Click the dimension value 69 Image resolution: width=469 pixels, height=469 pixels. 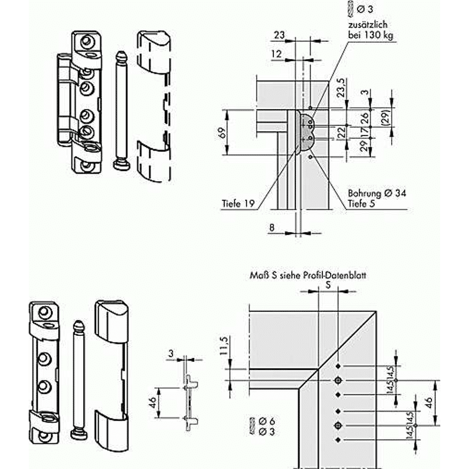(x=221, y=132)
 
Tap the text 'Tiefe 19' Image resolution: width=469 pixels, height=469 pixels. (x=238, y=203)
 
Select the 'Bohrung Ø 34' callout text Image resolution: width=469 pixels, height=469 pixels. (x=377, y=193)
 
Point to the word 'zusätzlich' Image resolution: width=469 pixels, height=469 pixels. (x=368, y=25)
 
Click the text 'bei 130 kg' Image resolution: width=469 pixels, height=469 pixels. (x=371, y=35)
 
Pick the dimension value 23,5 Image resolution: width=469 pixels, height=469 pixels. (x=341, y=87)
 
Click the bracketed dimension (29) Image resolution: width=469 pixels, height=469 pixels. (x=386, y=117)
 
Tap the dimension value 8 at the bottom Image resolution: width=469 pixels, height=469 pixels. (x=271, y=227)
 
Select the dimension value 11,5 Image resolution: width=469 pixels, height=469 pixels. (x=224, y=345)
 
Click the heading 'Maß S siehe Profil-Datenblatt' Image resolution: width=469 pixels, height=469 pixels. (x=308, y=275)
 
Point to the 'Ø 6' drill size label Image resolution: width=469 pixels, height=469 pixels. (x=267, y=421)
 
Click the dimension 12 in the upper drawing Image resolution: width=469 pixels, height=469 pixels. (x=276, y=54)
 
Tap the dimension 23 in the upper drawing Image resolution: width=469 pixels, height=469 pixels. (x=279, y=35)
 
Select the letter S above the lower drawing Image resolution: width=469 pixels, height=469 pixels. (x=328, y=285)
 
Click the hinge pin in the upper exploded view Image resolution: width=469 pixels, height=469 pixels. (x=121, y=111)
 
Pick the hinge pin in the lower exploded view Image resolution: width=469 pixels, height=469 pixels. (x=79, y=380)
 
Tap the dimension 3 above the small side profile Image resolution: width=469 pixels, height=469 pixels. (x=171, y=354)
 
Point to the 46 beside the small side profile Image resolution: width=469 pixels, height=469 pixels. (x=152, y=403)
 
